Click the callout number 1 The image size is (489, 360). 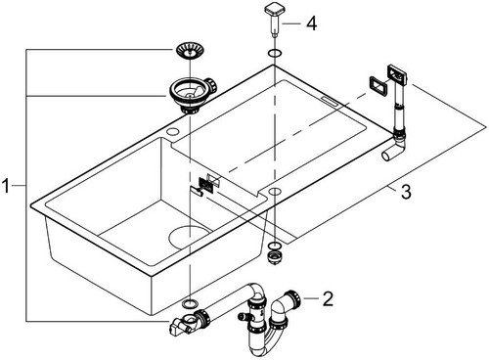tap(6, 186)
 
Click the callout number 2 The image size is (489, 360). tap(328, 298)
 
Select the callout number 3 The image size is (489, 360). tap(406, 192)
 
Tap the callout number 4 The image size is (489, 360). tap(311, 23)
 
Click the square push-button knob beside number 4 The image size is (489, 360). tap(274, 18)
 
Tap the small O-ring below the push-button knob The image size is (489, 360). tap(274, 53)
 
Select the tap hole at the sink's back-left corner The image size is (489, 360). tap(172, 131)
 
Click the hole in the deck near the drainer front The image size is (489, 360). tap(275, 191)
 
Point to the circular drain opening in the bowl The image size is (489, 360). tap(189, 237)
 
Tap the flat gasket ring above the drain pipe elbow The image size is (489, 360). tap(190, 303)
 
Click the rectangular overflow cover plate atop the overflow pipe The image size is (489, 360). tap(396, 74)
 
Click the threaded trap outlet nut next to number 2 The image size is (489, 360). tap(292, 297)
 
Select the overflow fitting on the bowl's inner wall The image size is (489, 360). tap(206, 185)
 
